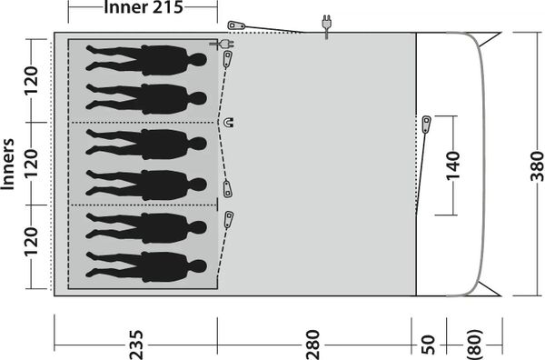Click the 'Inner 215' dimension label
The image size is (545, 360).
coord(144,7)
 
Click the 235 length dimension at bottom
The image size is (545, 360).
coord(136,345)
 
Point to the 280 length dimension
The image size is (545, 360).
coord(312,345)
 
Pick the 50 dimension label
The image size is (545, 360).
coord(428,345)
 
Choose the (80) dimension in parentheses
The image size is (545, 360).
coord(475,345)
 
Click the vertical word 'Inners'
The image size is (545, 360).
coord(7,165)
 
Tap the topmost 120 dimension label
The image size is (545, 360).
coord(31,80)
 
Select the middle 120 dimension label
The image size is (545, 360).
coord(31,164)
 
